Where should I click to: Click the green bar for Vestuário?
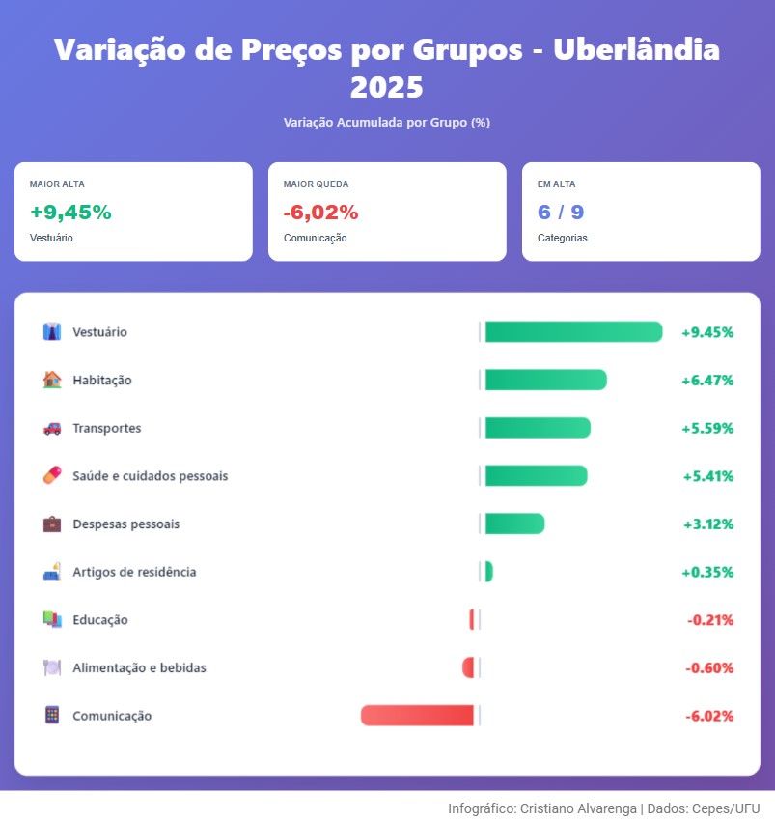click(x=573, y=332)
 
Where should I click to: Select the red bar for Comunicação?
click(x=417, y=716)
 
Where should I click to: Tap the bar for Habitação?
click(x=545, y=380)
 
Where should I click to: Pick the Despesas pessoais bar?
click(x=514, y=524)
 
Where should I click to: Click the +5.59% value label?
click(x=707, y=428)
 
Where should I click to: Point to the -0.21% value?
click(x=710, y=620)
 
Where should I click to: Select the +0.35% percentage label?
click(x=707, y=572)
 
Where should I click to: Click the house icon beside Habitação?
click(x=52, y=380)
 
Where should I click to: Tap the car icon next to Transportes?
click(x=52, y=428)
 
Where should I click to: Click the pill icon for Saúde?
click(x=52, y=475)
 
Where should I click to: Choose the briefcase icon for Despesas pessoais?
click(x=52, y=524)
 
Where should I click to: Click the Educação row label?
click(x=100, y=620)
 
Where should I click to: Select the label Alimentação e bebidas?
click(x=139, y=667)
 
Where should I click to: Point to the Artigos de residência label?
click(x=134, y=572)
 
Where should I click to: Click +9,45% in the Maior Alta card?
click(x=70, y=213)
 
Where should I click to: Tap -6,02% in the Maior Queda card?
click(x=320, y=213)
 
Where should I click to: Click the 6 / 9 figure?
click(x=560, y=213)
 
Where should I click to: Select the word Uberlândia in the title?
click(x=636, y=50)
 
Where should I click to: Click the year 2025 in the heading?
click(x=386, y=88)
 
